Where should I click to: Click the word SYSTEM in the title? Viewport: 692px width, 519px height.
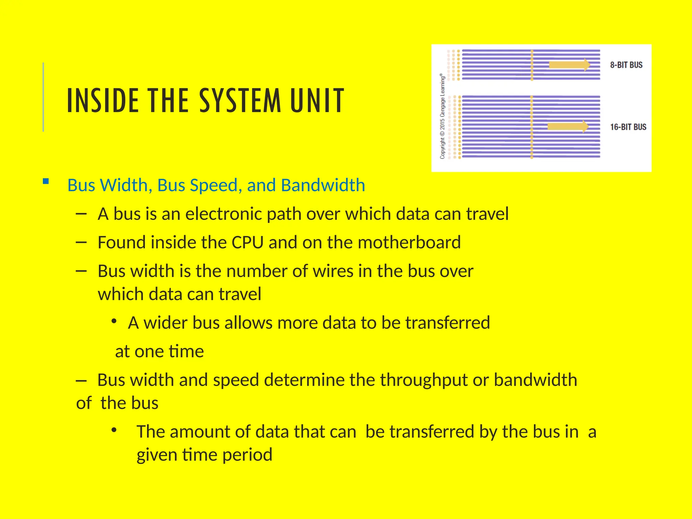click(240, 100)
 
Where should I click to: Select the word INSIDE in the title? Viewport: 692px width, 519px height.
click(103, 100)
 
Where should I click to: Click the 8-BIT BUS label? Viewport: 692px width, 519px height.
click(626, 65)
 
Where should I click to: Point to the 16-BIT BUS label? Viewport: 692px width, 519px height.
click(628, 127)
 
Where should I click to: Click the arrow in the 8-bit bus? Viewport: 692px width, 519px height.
click(569, 65)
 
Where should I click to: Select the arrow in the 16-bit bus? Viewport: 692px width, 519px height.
click(568, 126)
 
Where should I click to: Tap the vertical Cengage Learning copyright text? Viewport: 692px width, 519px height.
click(442, 117)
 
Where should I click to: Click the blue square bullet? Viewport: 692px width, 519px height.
click(46, 181)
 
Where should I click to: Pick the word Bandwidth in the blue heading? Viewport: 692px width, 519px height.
click(323, 185)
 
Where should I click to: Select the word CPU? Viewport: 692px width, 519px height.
click(247, 242)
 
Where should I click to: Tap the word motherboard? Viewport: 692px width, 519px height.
click(409, 242)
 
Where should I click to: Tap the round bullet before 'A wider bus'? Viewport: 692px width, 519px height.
click(114, 321)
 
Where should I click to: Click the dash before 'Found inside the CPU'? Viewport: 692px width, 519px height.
click(81, 242)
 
